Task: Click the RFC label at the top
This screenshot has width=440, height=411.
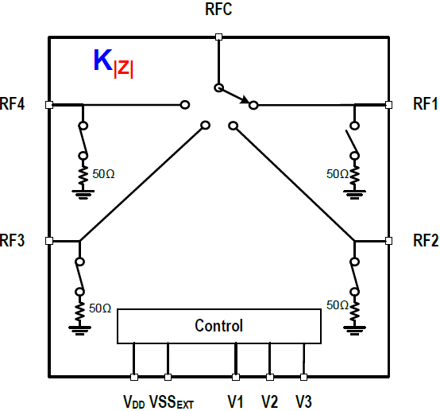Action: (218, 9)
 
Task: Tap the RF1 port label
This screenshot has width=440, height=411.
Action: (425, 103)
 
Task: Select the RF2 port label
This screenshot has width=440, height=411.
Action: (426, 240)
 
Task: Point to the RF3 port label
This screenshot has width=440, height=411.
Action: (13, 240)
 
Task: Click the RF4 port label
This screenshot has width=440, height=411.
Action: (13, 103)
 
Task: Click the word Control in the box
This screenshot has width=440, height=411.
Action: (219, 326)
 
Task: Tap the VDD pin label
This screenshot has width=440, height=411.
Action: (134, 401)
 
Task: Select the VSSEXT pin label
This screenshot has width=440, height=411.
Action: (172, 401)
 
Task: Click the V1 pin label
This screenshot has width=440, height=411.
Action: (235, 401)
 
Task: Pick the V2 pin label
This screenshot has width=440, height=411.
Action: (269, 401)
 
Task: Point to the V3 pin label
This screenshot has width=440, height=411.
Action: (303, 401)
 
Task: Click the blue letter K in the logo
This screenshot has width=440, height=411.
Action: (102, 60)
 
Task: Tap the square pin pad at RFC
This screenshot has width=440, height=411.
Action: (218, 37)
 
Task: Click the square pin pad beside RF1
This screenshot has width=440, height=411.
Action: (388, 105)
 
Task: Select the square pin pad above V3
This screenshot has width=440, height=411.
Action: (303, 377)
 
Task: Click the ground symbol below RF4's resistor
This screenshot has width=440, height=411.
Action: (83, 194)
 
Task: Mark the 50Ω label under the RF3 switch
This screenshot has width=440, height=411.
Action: (100, 308)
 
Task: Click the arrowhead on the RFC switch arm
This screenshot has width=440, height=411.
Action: (245, 99)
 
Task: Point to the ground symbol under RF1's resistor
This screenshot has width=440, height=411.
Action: (355, 194)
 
